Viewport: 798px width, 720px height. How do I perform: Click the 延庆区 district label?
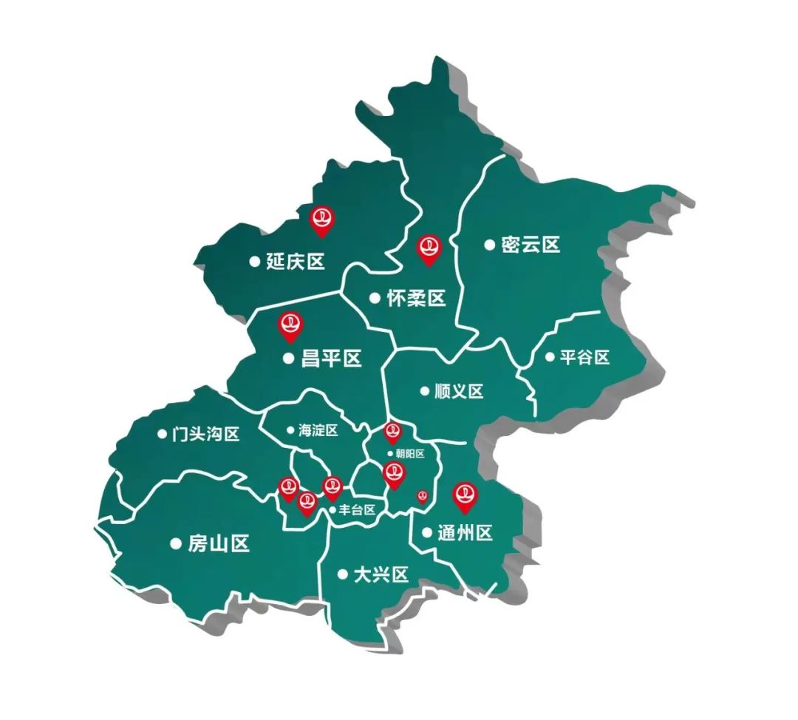pyautogui.click(x=296, y=261)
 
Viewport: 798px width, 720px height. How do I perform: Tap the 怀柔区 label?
pyautogui.click(x=417, y=298)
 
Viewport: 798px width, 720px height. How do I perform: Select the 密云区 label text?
pyautogui.click(x=531, y=245)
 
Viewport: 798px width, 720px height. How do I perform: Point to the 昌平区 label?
pyautogui.click(x=332, y=359)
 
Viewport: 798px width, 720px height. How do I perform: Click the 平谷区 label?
pyautogui.click(x=584, y=357)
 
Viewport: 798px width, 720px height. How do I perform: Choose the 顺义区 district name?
pyautogui.click(x=459, y=391)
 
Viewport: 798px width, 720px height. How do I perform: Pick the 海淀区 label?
pyautogui.click(x=318, y=430)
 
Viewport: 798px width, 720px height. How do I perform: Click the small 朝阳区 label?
pyautogui.click(x=410, y=454)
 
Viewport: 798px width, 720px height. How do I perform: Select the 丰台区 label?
pyautogui.click(x=358, y=509)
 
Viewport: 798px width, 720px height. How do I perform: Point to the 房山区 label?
pyautogui.click(x=219, y=544)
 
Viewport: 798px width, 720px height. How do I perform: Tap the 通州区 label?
pyautogui.click(x=465, y=532)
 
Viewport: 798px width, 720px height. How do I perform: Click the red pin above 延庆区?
pyautogui.click(x=322, y=220)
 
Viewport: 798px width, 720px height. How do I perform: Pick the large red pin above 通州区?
pyautogui.click(x=465, y=496)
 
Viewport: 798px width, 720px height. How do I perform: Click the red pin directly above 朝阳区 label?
pyautogui.click(x=392, y=432)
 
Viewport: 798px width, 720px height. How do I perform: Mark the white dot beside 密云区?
pyautogui.click(x=489, y=245)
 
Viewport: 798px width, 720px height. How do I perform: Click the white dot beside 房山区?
pyautogui.click(x=176, y=543)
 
